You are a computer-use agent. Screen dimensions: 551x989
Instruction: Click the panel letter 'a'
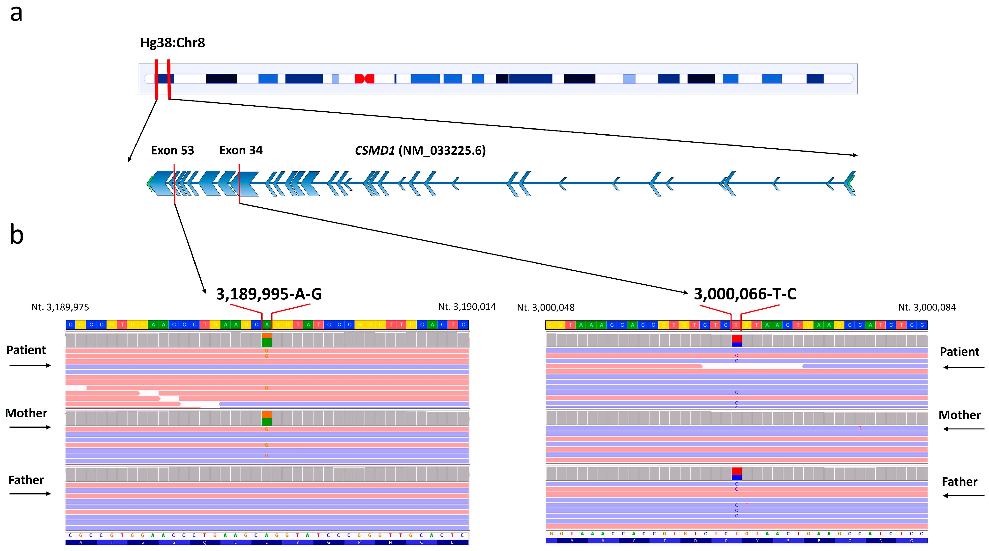[x=16, y=14]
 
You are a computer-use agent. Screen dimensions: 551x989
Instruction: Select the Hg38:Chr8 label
[x=172, y=43]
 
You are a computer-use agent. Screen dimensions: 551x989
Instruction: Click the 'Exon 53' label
[x=172, y=150]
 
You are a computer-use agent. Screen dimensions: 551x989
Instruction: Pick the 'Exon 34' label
[x=241, y=150]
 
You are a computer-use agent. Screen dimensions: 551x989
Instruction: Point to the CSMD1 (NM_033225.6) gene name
[x=420, y=150]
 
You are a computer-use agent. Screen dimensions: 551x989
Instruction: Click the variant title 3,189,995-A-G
[x=269, y=294]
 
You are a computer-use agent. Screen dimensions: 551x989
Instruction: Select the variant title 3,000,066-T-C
[x=745, y=294]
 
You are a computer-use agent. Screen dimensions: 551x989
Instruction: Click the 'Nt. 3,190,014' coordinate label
[x=467, y=307]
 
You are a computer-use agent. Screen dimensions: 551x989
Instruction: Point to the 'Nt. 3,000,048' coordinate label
[x=546, y=308]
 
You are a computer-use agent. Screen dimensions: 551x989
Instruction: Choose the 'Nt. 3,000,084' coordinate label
[x=927, y=307]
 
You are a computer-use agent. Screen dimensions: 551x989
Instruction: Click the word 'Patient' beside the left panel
[x=26, y=350]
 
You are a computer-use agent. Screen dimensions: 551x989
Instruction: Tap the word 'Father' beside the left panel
[x=26, y=480]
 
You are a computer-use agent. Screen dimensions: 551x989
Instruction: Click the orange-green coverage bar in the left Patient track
[x=266, y=340]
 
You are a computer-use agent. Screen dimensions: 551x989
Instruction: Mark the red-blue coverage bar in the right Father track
[x=736, y=474]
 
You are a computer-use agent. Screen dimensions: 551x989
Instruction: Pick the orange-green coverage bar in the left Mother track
[x=266, y=418]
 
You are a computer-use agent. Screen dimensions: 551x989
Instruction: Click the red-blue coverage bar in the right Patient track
[x=736, y=341]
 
